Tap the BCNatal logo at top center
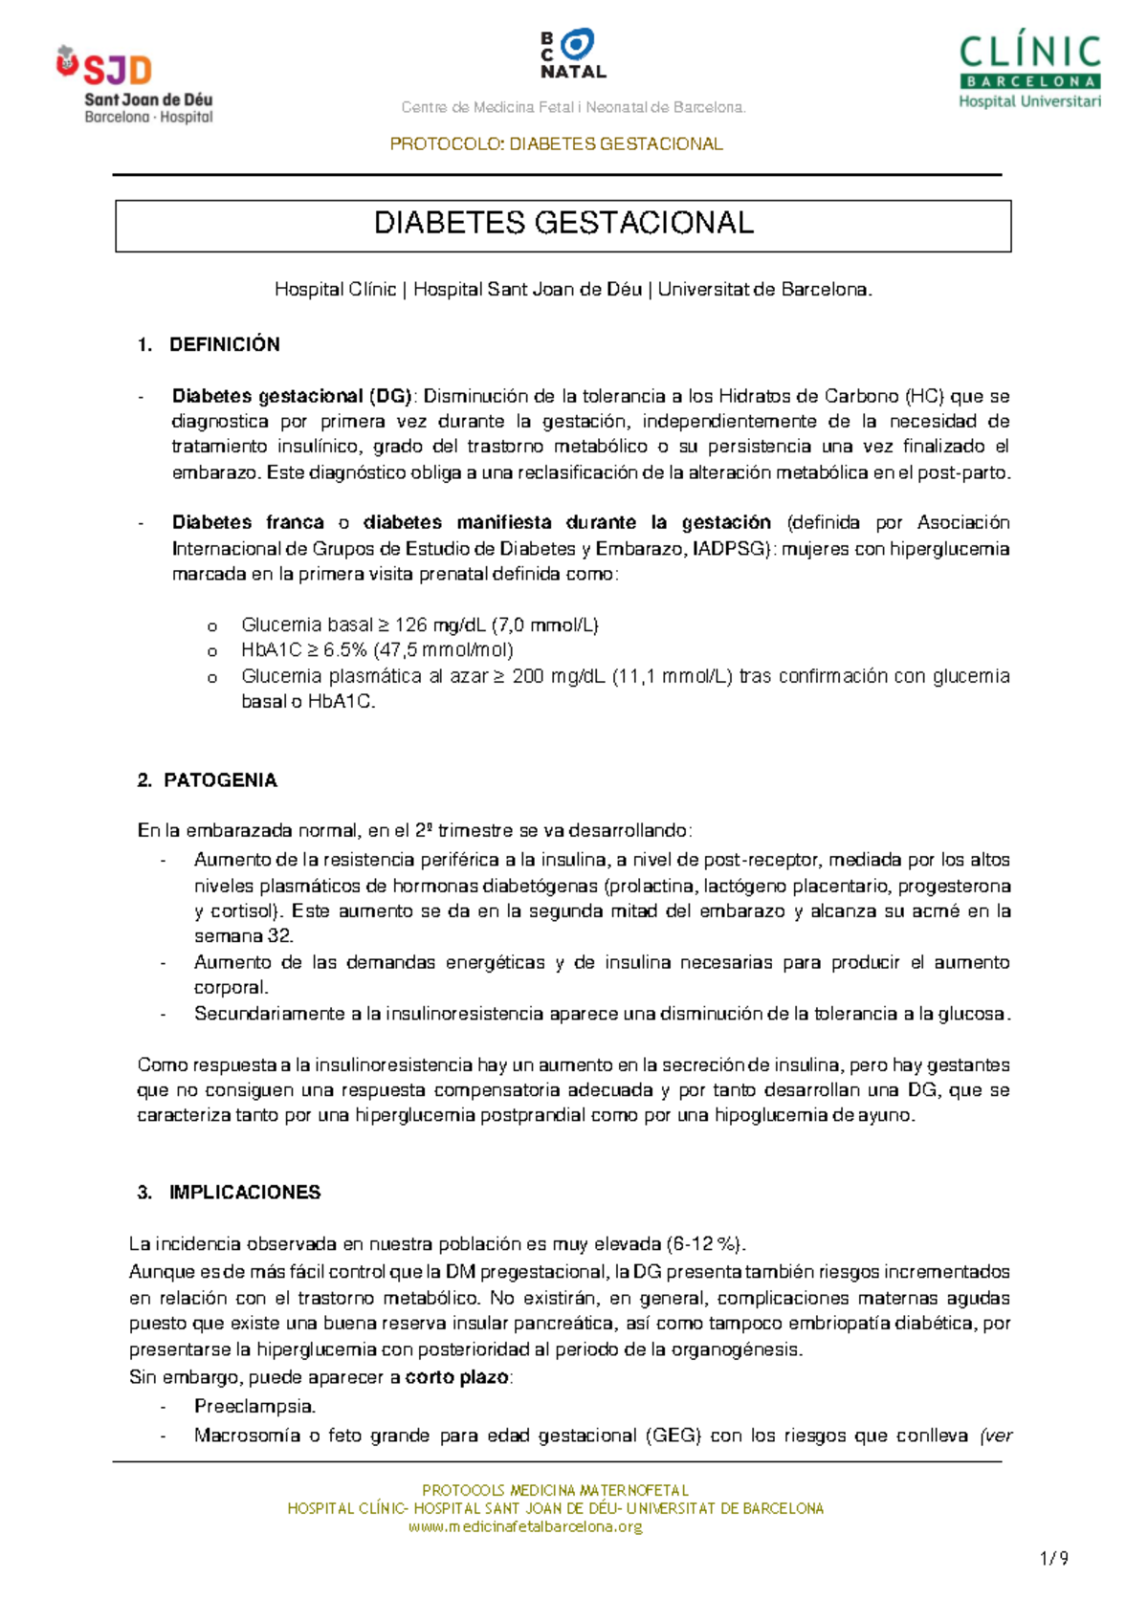click(573, 55)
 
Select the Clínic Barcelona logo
click(1029, 72)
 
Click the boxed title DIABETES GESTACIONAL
click(563, 224)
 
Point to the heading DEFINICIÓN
click(225, 345)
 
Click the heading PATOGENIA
click(220, 780)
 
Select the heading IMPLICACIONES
click(245, 1193)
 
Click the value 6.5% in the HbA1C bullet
click(344, 651)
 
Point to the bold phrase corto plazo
click(456, 1378)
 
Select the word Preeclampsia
click(254, 1407)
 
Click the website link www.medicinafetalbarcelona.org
click(525, 1526)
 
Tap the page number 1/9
click(1053, 1558)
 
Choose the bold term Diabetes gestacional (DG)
click(292, 396)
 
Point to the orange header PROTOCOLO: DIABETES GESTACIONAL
click(556, 144)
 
